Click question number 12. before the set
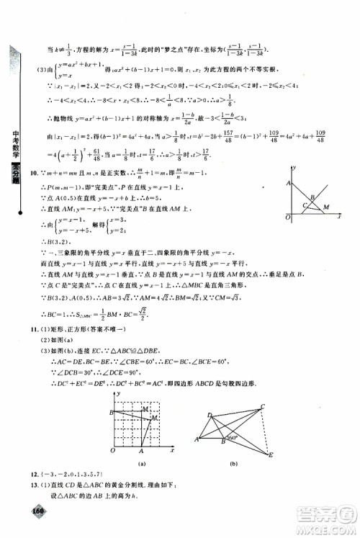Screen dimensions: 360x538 34,478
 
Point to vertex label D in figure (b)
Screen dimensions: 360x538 209,415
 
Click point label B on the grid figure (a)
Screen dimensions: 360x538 109,413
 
